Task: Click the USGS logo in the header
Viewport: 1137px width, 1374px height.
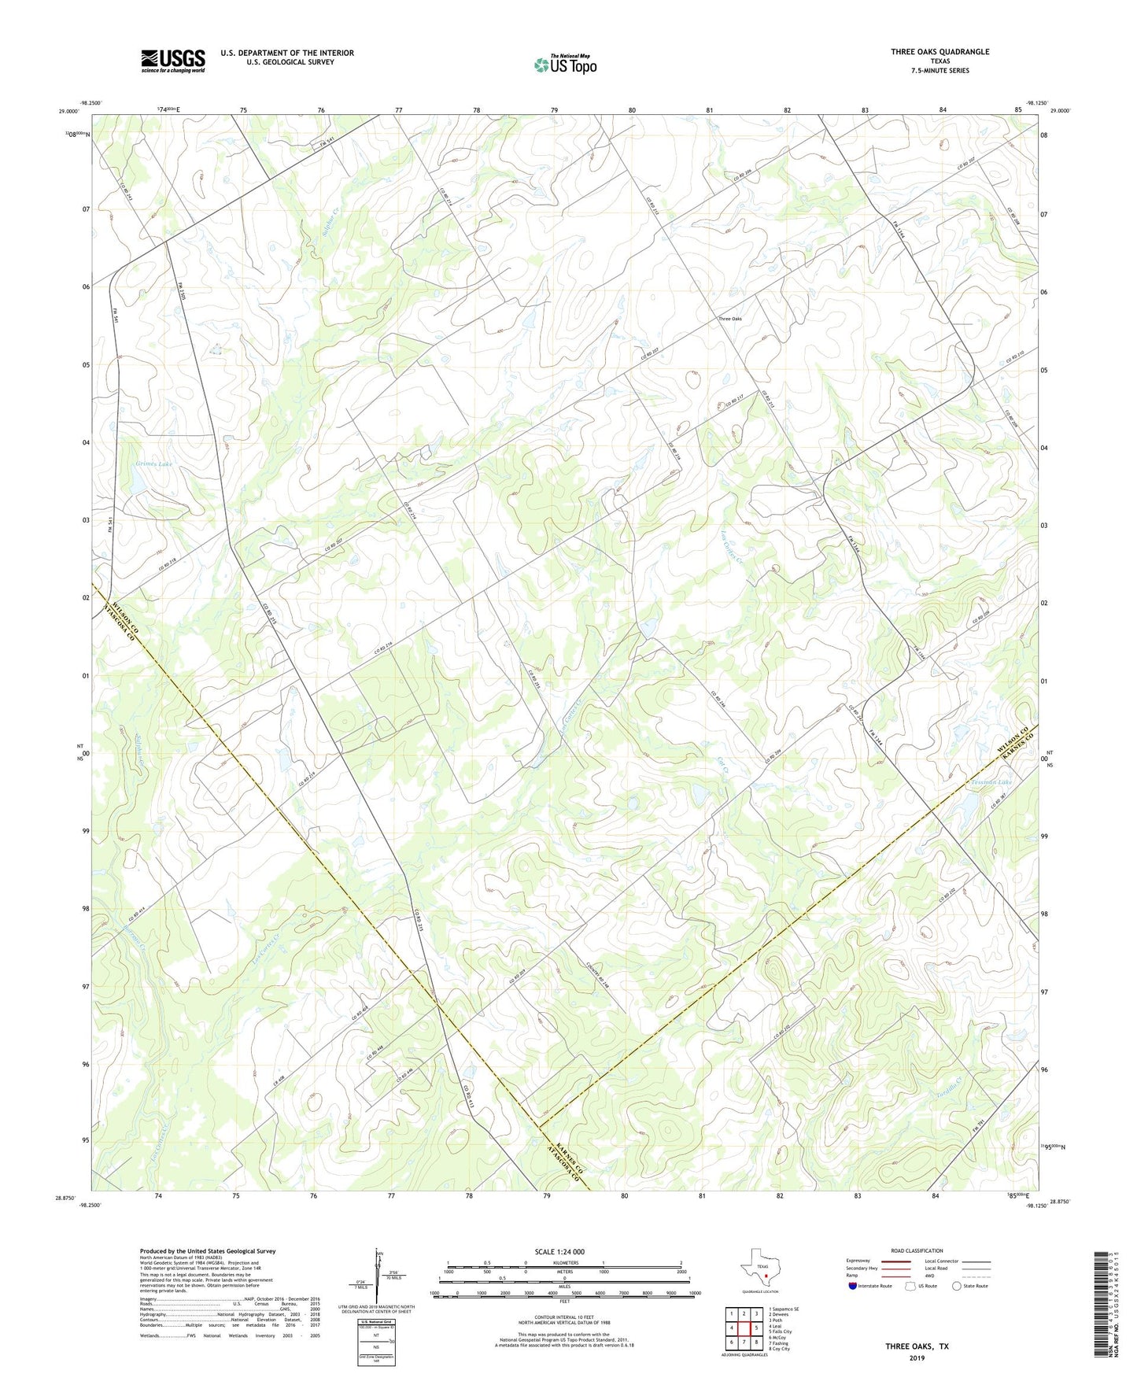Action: point(173,61)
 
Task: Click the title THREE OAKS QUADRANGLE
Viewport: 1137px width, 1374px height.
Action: point(940,52)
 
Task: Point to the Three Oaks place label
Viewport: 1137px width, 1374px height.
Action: point(729,319)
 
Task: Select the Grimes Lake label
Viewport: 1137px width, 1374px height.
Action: point(153,464)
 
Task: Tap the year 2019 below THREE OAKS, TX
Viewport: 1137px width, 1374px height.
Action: point(917,1358)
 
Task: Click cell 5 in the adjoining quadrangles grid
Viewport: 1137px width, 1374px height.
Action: point(755,1328)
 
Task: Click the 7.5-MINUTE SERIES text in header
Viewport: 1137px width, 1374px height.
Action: point(940,71)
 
